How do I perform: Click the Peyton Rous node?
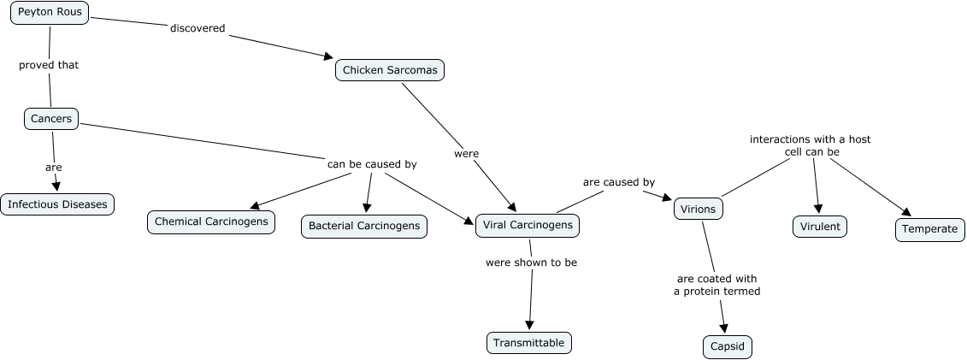coord(50,12)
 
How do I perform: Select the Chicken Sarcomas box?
coord(390,70)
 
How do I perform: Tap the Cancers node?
coord(51,119)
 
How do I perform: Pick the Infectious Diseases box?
coord(57,204)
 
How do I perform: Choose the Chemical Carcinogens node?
coord(211,222)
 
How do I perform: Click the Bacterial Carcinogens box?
coord(364,226)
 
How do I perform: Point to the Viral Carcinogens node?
coord(528,226)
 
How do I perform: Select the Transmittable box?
coord(529,343)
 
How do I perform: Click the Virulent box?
coord(820,227)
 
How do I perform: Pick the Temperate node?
coord(930,229)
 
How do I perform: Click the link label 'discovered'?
coord(198,28)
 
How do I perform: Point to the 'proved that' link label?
coord(49,64)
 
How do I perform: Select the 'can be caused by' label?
coord(372,163)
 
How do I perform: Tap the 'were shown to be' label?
coord(531,263)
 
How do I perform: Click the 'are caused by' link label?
coord(619,182)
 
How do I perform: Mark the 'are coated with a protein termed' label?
coord(716,285)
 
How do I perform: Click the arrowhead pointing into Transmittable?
coord(529,326)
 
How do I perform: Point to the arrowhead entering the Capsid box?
coord(725,329)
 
